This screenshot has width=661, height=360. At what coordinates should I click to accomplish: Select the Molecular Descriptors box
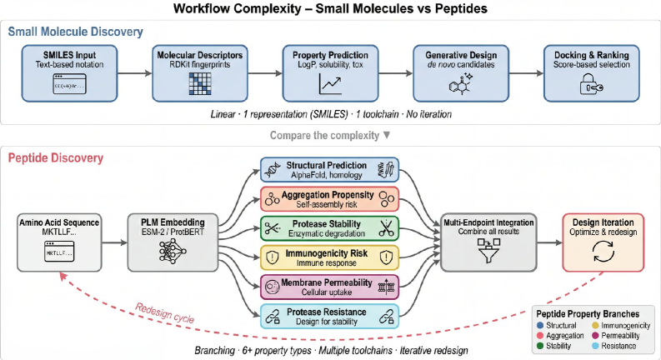pyautogui.click(x=200, y=72)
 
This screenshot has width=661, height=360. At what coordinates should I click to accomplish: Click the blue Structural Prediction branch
pyautogui.click(x=330, y=171)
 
